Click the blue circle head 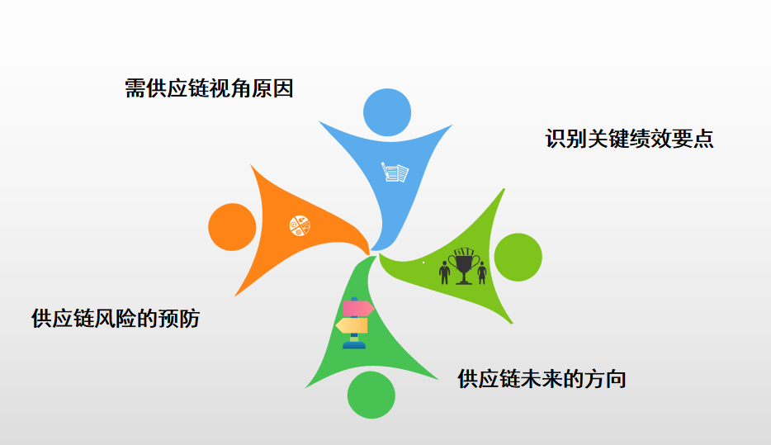pos(387,111)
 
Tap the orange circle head pos(232,226)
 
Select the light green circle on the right pos(518,257)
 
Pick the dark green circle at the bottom pos(371,395)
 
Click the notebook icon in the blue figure pos(395,173)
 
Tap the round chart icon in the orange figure pos(299,225)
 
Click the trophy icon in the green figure pos(463,265)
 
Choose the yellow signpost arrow pos(352,326)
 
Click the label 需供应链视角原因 pos(209,88)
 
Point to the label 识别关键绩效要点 pos(629,139)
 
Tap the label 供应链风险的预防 pos(116,319)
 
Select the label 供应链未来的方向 pos(542,379)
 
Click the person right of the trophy pos(482,271)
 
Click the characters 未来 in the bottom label pos(542,379)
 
